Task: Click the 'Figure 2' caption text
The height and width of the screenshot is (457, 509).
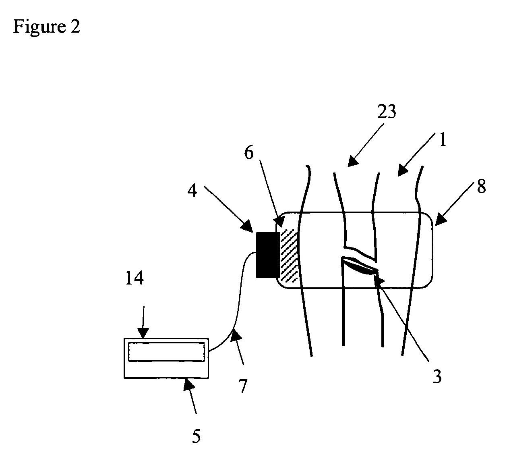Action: [x=47, y=27]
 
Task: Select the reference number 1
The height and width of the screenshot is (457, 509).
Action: [x=442, y=141]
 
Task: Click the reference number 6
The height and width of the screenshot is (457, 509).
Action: [x=249, y=154]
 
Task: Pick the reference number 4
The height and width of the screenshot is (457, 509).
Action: [x=193, y=190]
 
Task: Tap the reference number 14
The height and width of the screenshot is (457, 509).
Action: [x=134, y=278]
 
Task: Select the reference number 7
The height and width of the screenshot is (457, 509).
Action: [x=242, y=386]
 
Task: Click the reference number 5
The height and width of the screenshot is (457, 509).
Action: [x=196, y=436]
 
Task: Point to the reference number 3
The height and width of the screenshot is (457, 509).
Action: [x=437, y=376]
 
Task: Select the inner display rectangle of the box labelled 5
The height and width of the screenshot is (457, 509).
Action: [x=166, y=351]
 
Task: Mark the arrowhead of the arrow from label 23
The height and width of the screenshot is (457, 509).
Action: [x=352, y=161]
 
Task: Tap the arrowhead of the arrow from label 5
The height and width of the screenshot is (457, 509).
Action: [x=187, y=383]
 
